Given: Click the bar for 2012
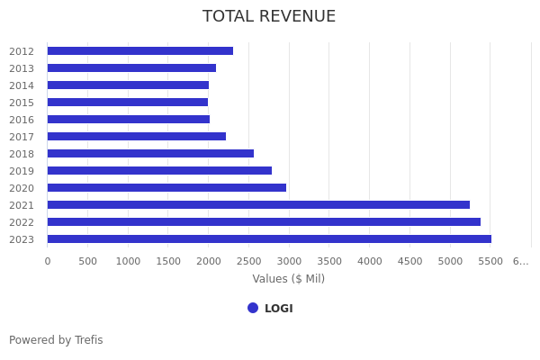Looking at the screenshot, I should pos(139,51).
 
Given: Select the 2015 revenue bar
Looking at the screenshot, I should pos(127,103).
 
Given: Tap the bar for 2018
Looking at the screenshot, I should pos(150,154).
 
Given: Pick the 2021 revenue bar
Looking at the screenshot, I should pos(258,205).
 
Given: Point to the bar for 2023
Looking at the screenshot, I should pos(269,239).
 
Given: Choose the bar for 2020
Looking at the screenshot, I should pos(166,188).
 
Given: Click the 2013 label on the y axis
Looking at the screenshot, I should pos(22,68).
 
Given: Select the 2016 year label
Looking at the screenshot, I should pos(22,120).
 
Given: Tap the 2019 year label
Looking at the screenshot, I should pos(22,171).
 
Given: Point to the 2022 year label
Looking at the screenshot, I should pos(22,222).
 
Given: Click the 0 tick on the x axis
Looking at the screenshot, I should pos(48,261).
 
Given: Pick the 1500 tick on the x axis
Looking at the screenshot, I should pos(168,261).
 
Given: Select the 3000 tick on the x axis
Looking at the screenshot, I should pos(289,261).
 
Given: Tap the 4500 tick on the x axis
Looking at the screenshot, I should pos(409,261).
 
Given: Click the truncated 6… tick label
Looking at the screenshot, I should pos(520,261).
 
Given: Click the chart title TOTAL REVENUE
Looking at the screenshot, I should pos(269,17).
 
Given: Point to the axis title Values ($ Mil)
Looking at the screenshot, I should pos(288,279).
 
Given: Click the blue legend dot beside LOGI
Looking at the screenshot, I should pos(253,308).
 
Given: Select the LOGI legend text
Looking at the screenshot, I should pos(279,309).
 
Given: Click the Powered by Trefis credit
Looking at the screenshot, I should pos(56,340).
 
